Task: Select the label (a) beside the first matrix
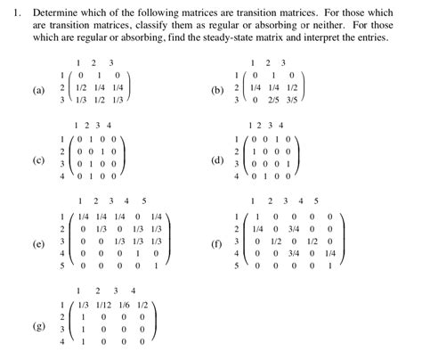[38, 91]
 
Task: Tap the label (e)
[38, 241]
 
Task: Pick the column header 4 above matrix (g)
[134, 290]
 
